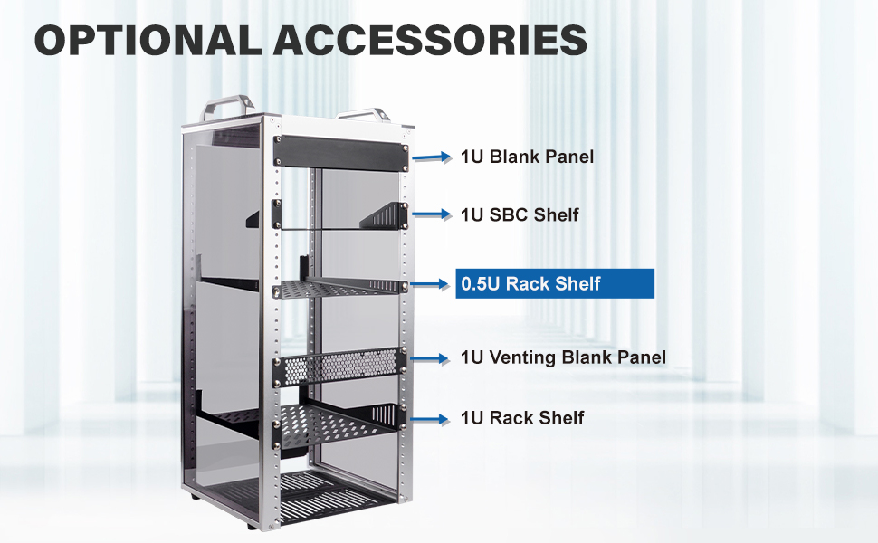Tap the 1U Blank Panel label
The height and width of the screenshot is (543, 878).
point(527,157)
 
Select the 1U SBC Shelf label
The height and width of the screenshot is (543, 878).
point(520,214)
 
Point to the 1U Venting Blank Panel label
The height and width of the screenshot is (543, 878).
point(563,357)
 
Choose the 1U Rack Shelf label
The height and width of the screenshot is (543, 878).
point(522,418)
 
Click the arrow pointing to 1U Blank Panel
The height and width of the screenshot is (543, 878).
point(434,157)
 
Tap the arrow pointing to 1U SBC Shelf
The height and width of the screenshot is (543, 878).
point(434,214)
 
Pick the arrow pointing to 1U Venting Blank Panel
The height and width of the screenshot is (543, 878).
point(434,358)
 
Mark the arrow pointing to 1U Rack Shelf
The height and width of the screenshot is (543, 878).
point(434,418)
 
